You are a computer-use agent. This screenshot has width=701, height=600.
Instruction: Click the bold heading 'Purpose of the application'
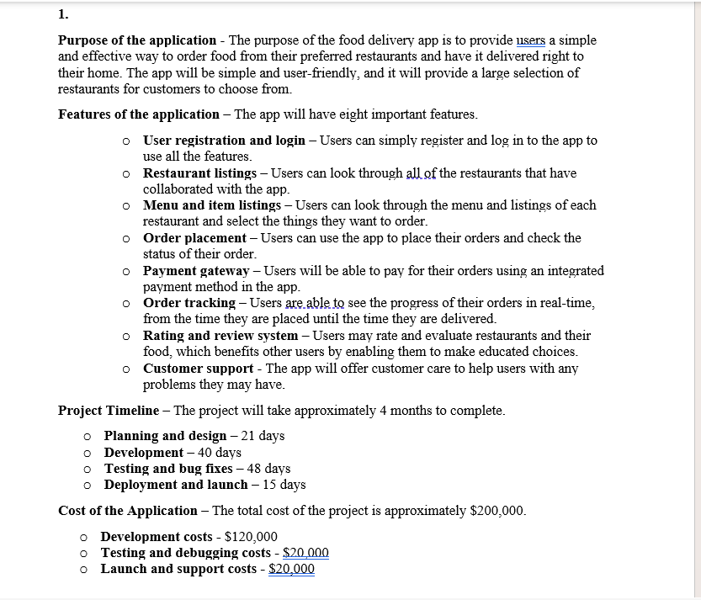tap(137, 40)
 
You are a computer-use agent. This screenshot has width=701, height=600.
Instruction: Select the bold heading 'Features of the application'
tap(138, 114)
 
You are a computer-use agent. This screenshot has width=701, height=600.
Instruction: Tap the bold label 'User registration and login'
tap(224, 141)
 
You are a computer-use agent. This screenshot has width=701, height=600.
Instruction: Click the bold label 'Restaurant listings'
tap(199, 173)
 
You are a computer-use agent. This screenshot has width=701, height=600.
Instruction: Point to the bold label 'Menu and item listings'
tap(212, 205)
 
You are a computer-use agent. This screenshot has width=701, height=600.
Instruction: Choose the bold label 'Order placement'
tap(194, 238)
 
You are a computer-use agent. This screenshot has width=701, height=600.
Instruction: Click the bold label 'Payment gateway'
tap(196, 271)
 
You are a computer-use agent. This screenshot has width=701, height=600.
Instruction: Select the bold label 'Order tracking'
tap(189, 303)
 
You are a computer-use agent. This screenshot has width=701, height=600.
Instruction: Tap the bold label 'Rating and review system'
tap(220, 336)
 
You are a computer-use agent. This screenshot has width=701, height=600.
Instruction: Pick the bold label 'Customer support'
tap(198, 369)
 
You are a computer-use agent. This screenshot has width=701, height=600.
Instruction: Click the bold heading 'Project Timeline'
tap(109, 411)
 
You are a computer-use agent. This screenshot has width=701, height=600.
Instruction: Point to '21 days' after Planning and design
tap(263, 436)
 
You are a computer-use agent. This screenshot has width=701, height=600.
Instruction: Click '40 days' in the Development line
tap(220, 453)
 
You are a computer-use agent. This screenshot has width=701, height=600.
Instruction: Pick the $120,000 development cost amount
tap(251, 537)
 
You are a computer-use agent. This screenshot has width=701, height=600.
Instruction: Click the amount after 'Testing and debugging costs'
tap(305, 553)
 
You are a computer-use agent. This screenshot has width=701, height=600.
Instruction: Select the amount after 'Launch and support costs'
tap(291, 569)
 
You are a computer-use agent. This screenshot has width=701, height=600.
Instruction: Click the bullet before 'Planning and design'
tap(87, 437)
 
